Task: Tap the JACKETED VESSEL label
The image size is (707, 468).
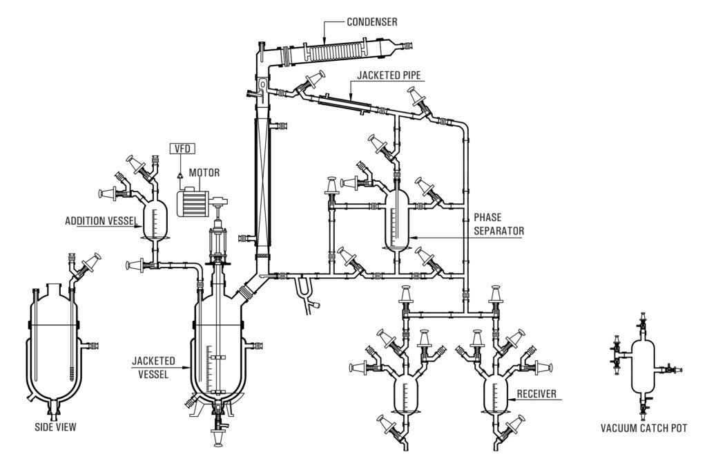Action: (x=153, y=366)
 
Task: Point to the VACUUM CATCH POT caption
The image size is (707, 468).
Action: (x=643, y=427)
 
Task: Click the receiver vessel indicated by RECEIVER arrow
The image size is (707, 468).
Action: (x=495, y=396)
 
